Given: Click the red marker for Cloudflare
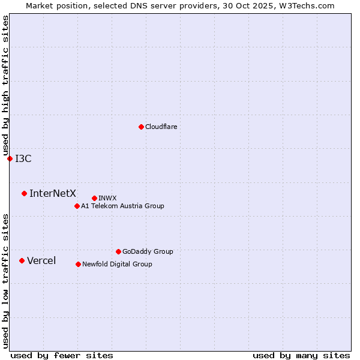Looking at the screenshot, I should pos(141,127).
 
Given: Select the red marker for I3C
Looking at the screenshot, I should pos(10,158).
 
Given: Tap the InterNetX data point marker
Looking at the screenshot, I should pos(24,193).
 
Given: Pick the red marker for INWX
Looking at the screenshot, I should pos(94,198).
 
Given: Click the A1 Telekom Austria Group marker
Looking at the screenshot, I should pos(77,206).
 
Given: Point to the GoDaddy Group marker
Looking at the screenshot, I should pos(118,251).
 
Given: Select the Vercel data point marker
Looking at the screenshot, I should pos(22,260).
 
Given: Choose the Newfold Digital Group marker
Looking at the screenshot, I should pos(78,264).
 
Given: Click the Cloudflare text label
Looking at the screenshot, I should pos(161,127).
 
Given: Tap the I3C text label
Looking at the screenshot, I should pos(23,158).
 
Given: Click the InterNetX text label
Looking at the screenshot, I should pos(53,193).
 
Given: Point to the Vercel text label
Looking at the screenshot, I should pos(41,260).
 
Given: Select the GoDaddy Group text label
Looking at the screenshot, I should pos(148,251).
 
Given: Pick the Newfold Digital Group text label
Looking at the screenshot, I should pos(117,264).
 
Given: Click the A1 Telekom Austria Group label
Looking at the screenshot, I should pos(122,206).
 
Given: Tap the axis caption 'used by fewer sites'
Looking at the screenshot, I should pos(62,355).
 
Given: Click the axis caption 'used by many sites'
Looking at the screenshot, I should pos(301,355).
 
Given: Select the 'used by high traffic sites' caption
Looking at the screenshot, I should pos(5,86).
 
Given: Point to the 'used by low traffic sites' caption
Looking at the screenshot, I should pos(5,281).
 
